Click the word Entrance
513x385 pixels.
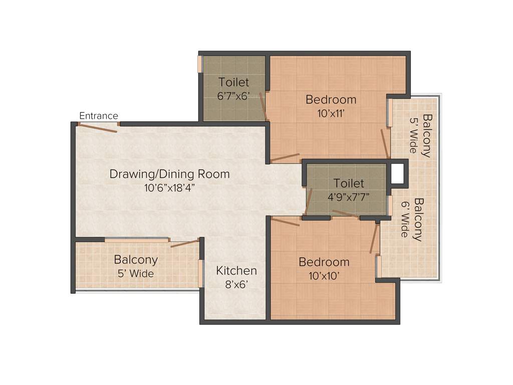pyautogui.click(x=99, y=116)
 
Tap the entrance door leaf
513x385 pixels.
pyautogui.click(x=97, y=128)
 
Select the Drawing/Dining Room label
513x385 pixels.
pyautogui.click(x=169, y=174)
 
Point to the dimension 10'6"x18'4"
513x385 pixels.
pyautogui.click(x=169, y=188)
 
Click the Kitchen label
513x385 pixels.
pyautogui.click(x=236, y=271)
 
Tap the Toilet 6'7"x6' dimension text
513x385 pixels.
pyautogui.click(x=233, y=96)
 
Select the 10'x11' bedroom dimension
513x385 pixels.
pyautogui.click(x=331, y=113)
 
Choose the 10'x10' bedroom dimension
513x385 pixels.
pyautogui.click(x=324, y=276)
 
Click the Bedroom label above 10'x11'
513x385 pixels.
pyautogui.click(x=331, y=99)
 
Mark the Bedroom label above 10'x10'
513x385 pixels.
pyautogui.click(x=324, y=262)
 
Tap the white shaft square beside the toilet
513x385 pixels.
pyautogui.click(x=397, y=173)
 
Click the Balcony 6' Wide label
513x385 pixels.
pyautogui.click(x=411, y=219)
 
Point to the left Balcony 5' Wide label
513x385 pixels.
pyautogui.click(x=136, y=266)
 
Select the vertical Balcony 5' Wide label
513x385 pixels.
pyautogui.click(x=420, y=135)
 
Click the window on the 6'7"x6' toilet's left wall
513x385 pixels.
pyautogui.click(x=199, y=64)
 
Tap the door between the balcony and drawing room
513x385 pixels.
pyautogui.click(x=185, y=244)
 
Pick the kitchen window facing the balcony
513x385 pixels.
pyautogui.click(x=201, y=273)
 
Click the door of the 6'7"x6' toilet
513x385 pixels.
pyautogui.click(x=263, y=106)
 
